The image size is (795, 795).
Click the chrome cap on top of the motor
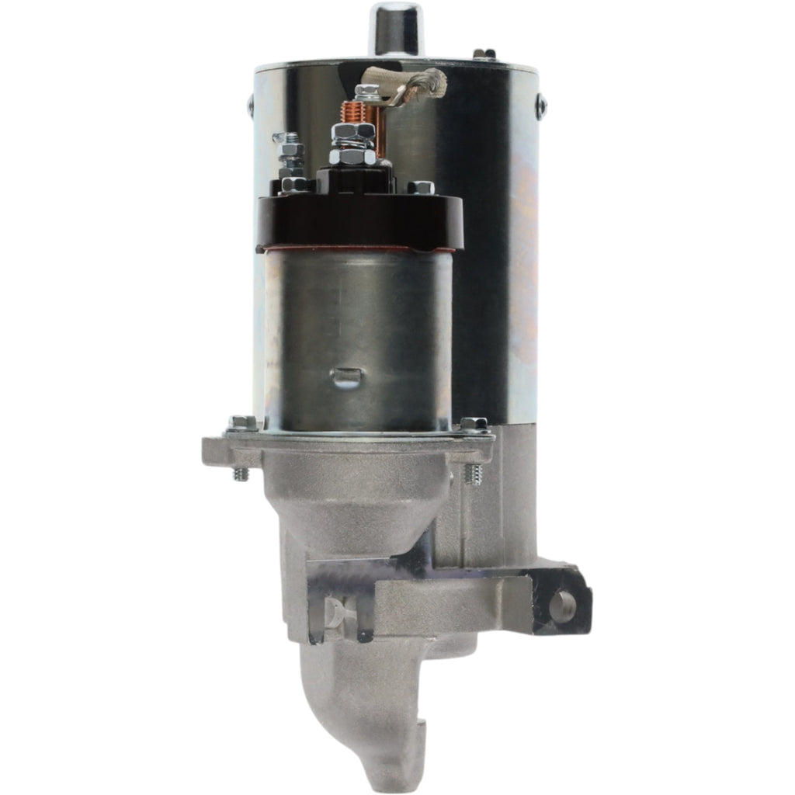coord(395,27)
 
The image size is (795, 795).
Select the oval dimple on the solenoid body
coord(345,378)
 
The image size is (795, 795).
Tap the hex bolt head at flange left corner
coord(243,423)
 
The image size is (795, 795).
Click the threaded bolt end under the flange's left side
coord(241,473)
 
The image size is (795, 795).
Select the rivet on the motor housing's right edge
coord(540,108)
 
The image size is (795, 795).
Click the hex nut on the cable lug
coord(367,92)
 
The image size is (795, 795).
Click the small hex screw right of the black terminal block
coord(420,187)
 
